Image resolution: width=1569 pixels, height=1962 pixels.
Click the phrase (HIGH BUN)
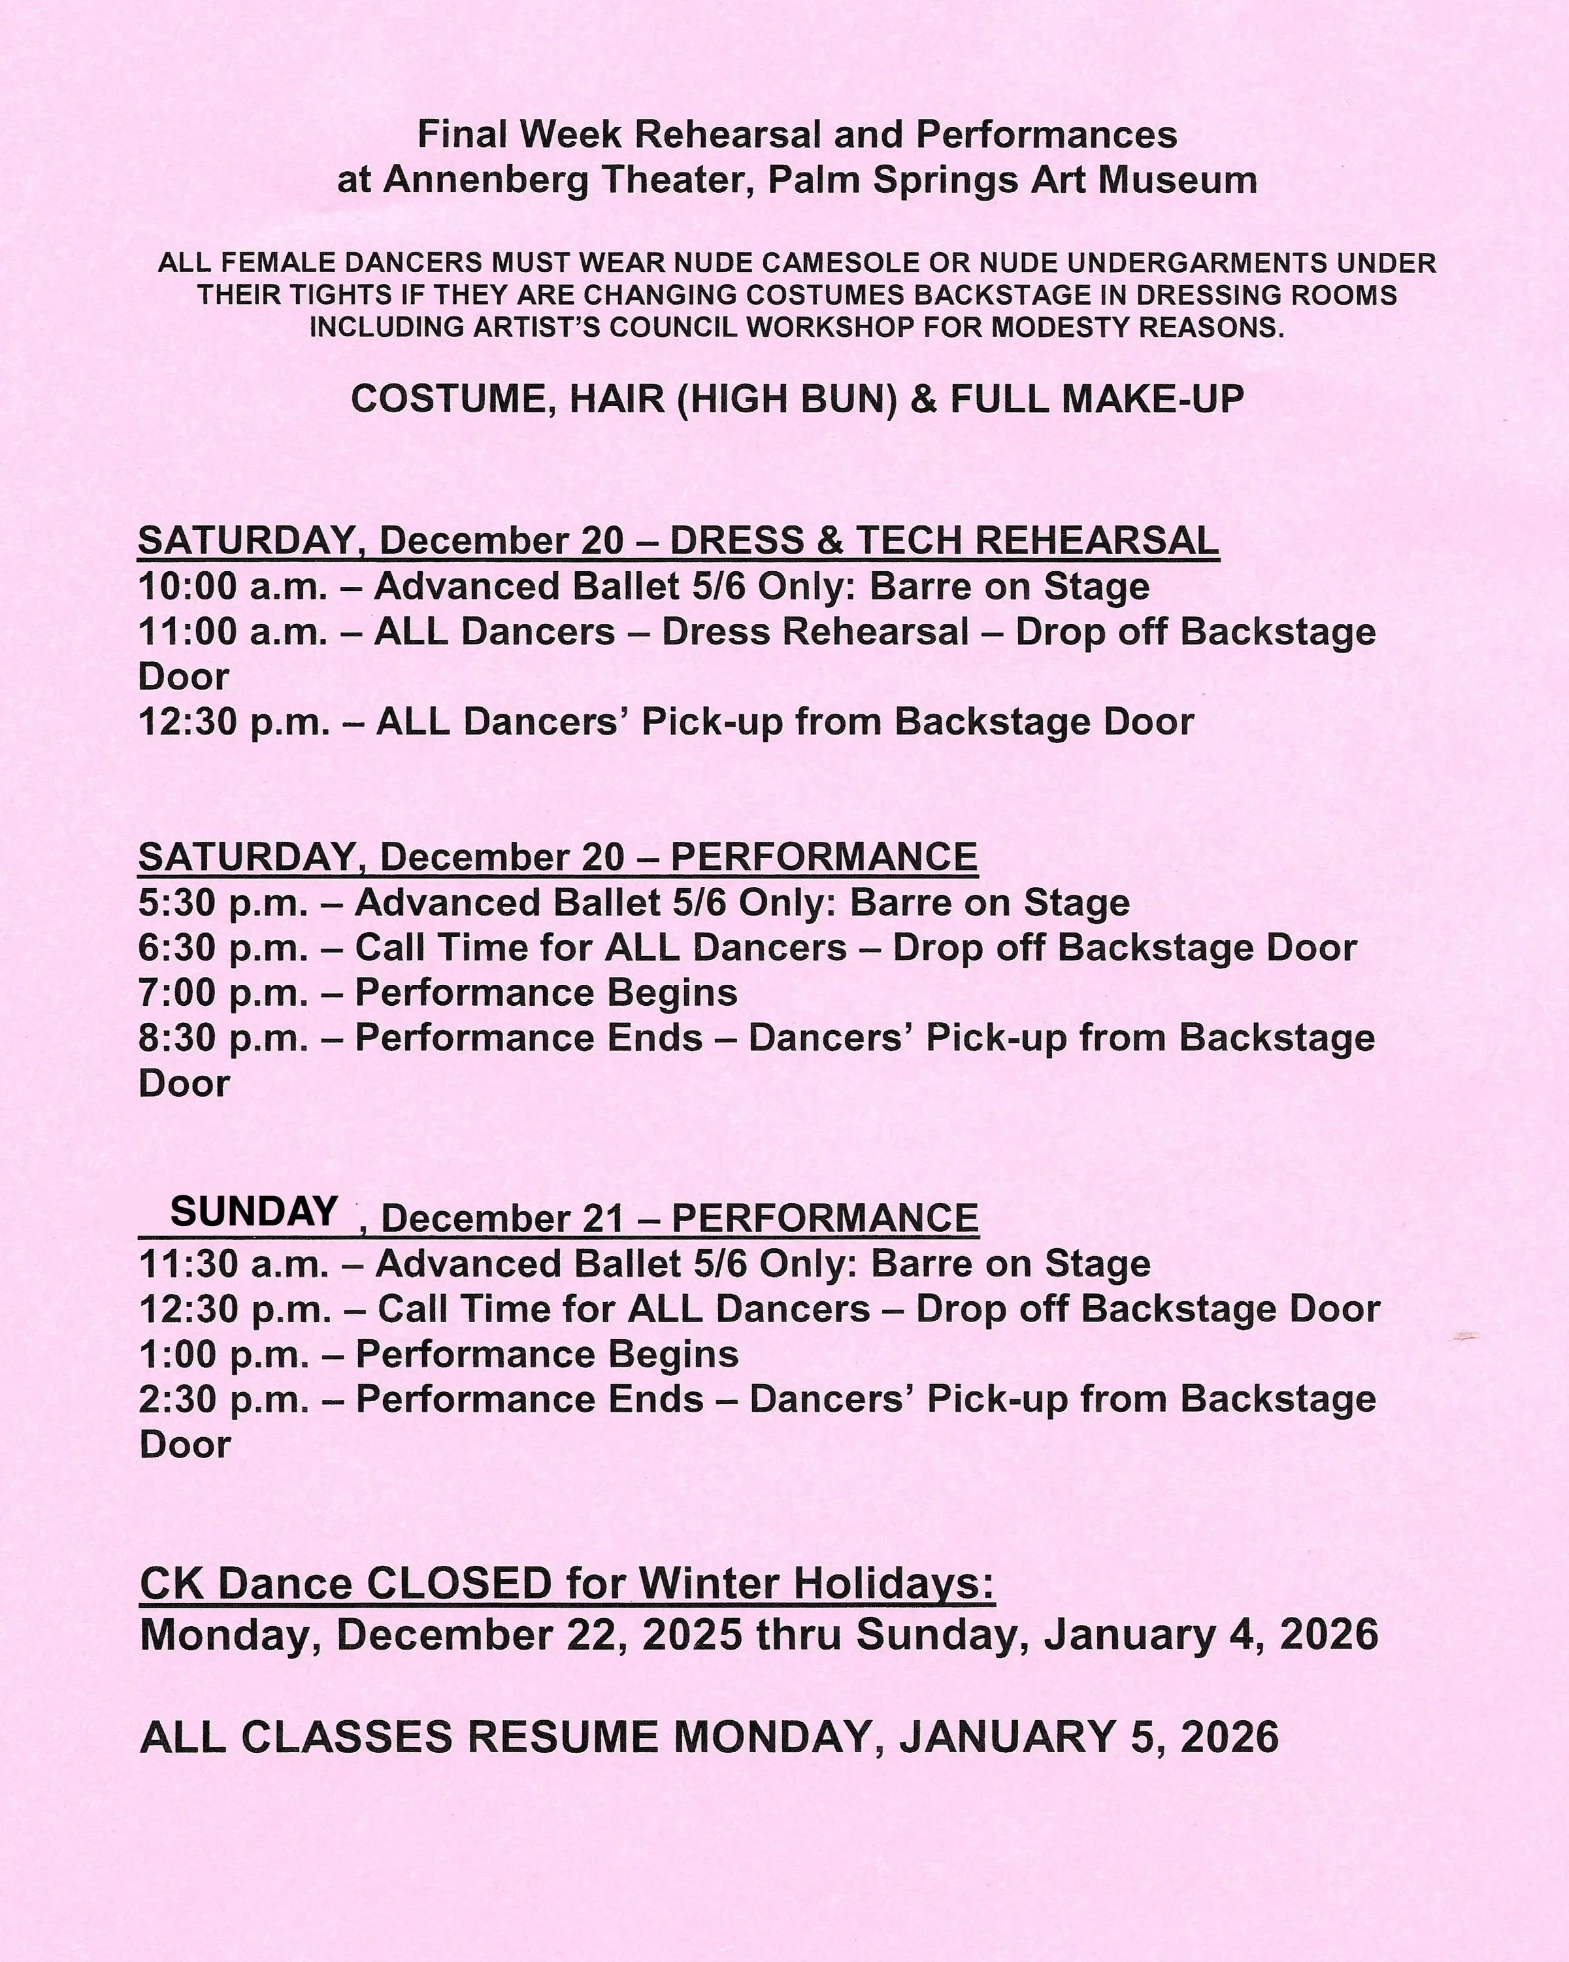point(788,399)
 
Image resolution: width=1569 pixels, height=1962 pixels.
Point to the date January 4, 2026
point(1210,1635)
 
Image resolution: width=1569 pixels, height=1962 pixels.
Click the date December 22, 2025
point(538,1635)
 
